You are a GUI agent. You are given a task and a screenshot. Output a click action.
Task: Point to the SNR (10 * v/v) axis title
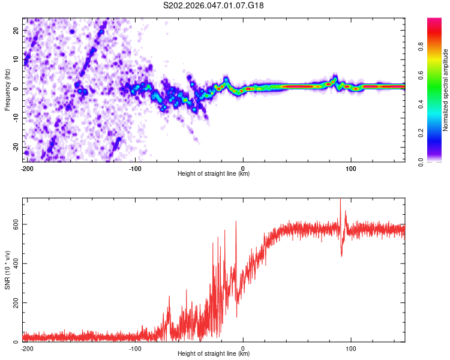(7, 269)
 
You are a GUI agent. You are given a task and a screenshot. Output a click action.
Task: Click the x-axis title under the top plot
(214, 173)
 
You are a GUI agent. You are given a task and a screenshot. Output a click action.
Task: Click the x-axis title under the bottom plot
(214, 353)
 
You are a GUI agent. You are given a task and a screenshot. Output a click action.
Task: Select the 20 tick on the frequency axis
(17, 30)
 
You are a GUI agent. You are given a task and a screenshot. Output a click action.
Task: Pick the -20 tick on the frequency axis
(16, 147)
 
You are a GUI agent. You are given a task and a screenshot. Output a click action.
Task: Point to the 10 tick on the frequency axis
(17, 59)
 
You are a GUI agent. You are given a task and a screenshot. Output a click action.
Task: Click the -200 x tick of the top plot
(26, 168)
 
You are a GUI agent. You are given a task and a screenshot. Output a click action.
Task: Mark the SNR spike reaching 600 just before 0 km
(236, 222)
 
